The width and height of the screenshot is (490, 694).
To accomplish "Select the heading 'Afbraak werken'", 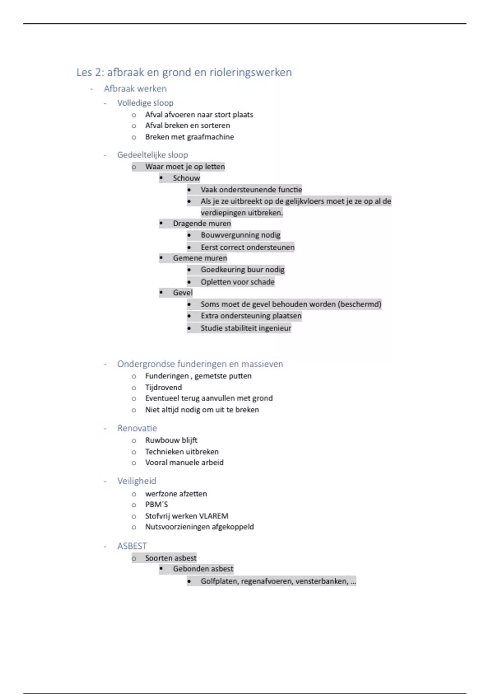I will click(135, 89).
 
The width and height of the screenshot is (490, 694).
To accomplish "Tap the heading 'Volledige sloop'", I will click(145, 103).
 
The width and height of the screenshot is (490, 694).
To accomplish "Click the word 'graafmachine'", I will click(210, 137).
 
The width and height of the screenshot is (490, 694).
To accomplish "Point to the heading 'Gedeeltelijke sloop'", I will click(152, 155).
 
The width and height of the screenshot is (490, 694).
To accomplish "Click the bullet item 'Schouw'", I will click(186, 178).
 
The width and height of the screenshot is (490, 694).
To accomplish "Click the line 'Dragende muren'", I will click(202, 223).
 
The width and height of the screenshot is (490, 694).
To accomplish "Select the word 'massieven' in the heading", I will click(262, 364).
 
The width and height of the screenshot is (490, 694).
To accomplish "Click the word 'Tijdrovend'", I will click(163, 387).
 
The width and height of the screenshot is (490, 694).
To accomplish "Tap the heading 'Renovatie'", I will click(137, 428).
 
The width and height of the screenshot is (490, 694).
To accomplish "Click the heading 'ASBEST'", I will click(132, 546).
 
